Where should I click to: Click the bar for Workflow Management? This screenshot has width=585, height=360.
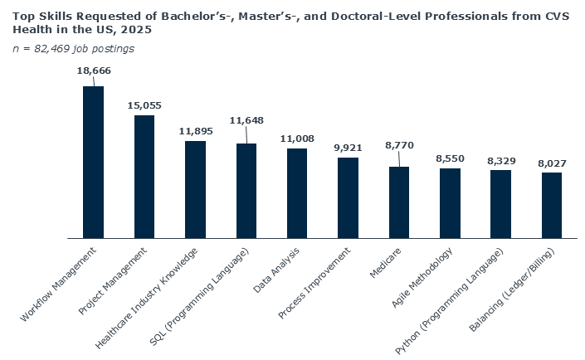click(93, 162)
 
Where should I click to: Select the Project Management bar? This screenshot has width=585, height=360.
click(144, 176)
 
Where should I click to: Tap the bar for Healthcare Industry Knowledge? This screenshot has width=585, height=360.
click(195, 189)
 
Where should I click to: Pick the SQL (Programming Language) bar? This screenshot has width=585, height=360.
click(246, 190)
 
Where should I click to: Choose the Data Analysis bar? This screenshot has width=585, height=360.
click(297, 192)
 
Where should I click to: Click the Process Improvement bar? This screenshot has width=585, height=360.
click(348, 197)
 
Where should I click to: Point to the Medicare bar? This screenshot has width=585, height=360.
click(399, 202)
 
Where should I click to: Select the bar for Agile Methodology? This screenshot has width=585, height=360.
click(450, 202)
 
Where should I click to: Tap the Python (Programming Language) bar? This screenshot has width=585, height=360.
click(500, 203)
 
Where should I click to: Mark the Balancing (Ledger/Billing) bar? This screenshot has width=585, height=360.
click(552, 205)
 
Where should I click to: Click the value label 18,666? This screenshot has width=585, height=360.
click(94, 71)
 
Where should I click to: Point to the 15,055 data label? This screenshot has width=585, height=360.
click(144, 105)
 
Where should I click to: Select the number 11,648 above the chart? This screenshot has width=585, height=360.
click(246, 120)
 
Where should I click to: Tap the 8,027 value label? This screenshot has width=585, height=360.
click(552, 163)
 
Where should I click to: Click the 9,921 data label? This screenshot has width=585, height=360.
click(349, 148)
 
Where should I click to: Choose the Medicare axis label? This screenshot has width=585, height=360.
click(388, 258)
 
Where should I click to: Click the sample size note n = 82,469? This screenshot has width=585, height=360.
click(73, 48)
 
